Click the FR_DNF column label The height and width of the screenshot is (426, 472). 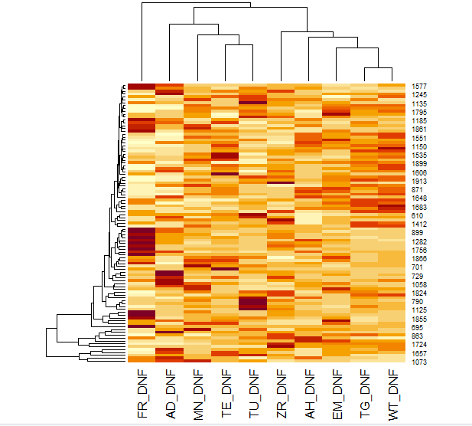point(142,394)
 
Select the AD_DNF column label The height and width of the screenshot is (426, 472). point(170,394)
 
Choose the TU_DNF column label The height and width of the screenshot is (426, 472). point(253,394)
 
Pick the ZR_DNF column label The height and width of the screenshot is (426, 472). point(282,394)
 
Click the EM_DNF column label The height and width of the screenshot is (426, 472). point(337,394)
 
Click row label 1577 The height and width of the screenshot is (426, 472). point(419,87)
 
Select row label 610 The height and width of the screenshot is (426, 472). point(418,216)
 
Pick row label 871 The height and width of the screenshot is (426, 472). point(418,190)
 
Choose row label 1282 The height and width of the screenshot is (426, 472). point(419,241)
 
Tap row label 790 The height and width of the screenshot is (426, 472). point(418,302)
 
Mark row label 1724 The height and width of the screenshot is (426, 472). point(419,345)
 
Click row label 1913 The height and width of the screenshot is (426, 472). point(419,182)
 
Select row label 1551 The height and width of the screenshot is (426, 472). point(419,138)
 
